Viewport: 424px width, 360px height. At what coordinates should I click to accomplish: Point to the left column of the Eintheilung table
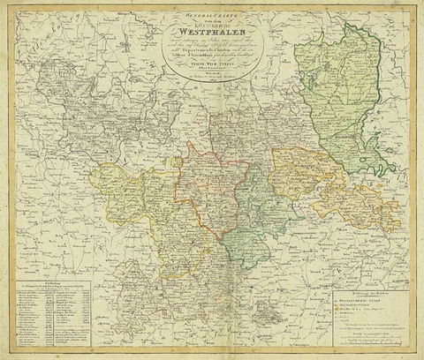40,313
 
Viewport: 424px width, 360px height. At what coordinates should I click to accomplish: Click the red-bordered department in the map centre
208,190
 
